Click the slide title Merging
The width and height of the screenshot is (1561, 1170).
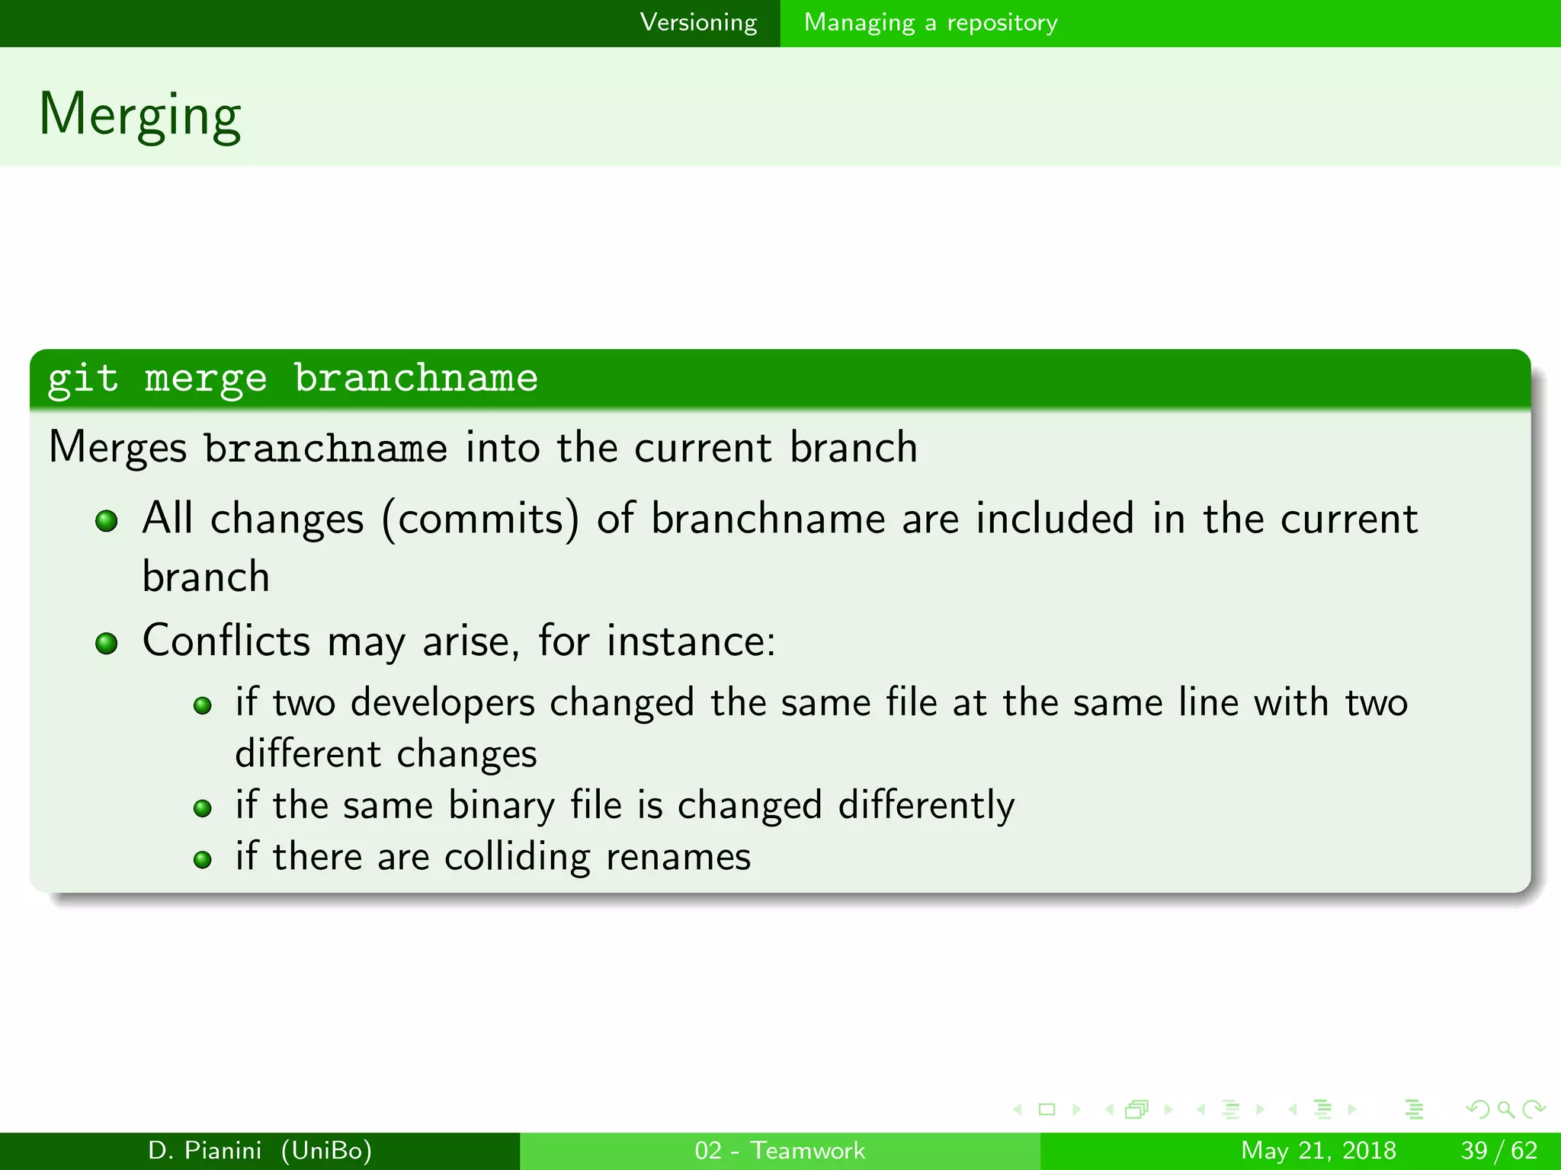[x=139, y=114]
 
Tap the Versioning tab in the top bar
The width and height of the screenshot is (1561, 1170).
[x=698, y=23]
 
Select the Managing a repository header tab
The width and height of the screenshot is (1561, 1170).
[x=931, y=23]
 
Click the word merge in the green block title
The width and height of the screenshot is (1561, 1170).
[x=206, y=379]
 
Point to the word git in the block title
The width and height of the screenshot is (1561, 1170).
[x=83, y=379]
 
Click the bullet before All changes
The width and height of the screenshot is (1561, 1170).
[x=107, y=522]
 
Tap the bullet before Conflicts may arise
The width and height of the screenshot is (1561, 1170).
[x=107, y=644]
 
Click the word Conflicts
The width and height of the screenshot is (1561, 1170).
[x=226, y=641]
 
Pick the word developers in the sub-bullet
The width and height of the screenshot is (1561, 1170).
[x=442, y=703]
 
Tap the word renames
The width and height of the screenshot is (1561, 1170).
[x=678, y=857]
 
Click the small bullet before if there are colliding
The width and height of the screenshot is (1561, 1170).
[x=202, y=860]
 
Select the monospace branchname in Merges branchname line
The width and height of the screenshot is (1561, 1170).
[x=325, y=448]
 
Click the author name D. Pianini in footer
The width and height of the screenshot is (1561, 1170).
[x=204, y=1150]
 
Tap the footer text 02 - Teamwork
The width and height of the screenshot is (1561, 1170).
[x=780, y=1150]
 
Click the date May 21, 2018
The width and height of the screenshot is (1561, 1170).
[x=1318, y=1150]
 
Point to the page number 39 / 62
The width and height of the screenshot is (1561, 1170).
[x=1498, y=1150]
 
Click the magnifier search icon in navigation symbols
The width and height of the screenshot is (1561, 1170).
[x=1505, y=1110]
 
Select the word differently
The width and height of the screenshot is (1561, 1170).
[x=926, y=807]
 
